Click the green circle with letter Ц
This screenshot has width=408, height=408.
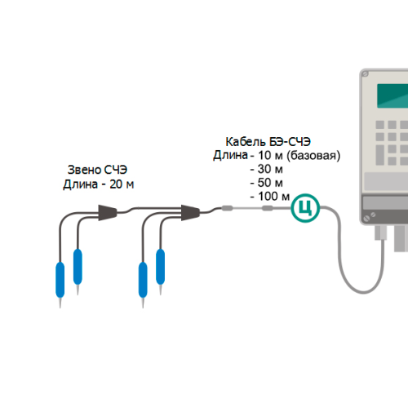305,208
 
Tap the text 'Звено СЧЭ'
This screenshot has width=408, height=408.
97,170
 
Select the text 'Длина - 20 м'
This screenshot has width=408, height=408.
99,184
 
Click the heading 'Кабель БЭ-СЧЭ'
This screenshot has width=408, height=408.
268,142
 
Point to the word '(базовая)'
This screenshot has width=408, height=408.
313,156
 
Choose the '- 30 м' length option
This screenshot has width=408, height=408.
267,169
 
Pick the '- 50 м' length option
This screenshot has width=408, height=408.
267,183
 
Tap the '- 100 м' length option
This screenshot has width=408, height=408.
270,197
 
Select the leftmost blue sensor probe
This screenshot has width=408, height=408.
60,280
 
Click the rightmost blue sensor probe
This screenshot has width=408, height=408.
160,267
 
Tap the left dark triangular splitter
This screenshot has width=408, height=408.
108,213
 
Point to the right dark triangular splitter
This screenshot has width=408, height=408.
190,213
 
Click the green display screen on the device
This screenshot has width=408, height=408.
392,95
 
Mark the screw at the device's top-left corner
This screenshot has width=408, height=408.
366,73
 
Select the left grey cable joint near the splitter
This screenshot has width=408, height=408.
227,208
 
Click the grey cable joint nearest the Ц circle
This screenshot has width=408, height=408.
268,208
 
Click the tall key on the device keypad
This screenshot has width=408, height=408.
380,155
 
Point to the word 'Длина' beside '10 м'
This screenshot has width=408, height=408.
230,155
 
